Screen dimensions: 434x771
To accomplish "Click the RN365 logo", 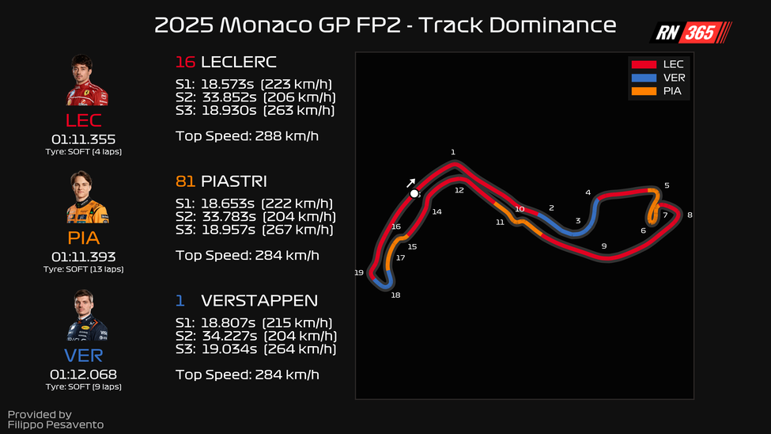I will [x=690, y=32].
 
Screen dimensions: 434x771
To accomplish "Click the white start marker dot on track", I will [x=414, y=193].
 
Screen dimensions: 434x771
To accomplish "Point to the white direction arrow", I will [x=410, y=182].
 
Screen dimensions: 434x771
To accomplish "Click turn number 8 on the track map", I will [x=690, y=215].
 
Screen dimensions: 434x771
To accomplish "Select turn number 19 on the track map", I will [x=359, y=272].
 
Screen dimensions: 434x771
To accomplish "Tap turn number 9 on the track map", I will [x=603, y=246].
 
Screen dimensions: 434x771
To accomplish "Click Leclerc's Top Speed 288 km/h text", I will [x=247, y=135].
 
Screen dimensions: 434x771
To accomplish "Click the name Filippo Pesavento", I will [x=55, y=425].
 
